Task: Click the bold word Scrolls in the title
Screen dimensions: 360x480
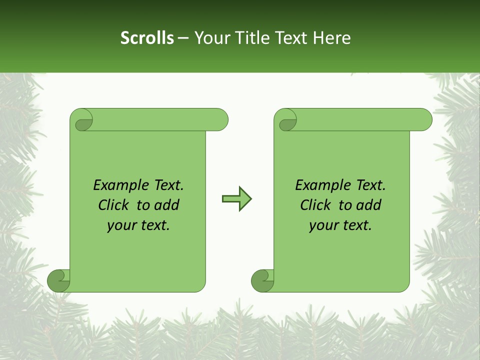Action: click(x=147, y=37)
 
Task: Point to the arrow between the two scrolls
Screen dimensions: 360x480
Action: click(x=237, y=199)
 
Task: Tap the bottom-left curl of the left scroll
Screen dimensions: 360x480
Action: click(x=58, y=280)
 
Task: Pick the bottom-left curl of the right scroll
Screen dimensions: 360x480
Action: click(x=262, y=280)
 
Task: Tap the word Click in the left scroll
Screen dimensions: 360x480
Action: click(x=114, y=205)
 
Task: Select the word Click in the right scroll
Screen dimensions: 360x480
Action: click(x=316, y=205)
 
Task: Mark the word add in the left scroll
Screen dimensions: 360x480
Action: click(x=166, y=205)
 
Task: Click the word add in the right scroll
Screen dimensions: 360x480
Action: click(x=368, y=205)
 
